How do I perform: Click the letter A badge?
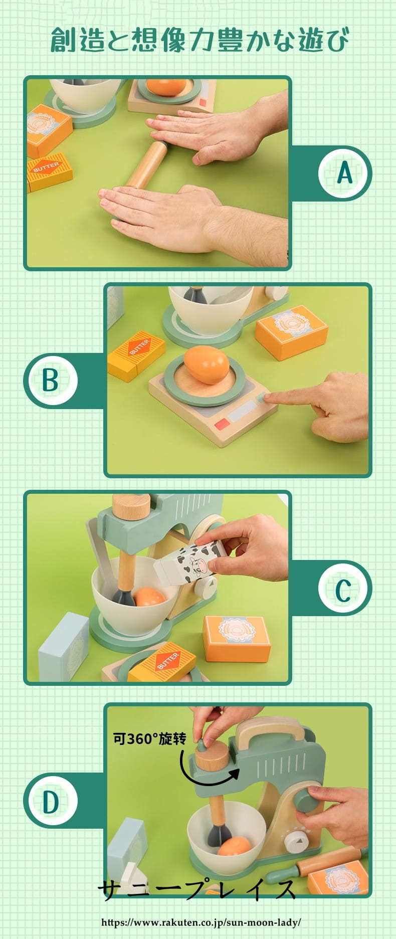point(345,173)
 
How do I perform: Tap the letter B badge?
point(51,381)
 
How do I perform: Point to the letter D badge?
point(51,802)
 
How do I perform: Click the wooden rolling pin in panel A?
point(146,164)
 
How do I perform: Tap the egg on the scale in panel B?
point(206,364)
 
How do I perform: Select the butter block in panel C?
point(161,662)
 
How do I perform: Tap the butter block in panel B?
point(136,355)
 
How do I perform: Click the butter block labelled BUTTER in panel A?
point(49,172)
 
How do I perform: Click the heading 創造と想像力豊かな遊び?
point(199,40)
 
